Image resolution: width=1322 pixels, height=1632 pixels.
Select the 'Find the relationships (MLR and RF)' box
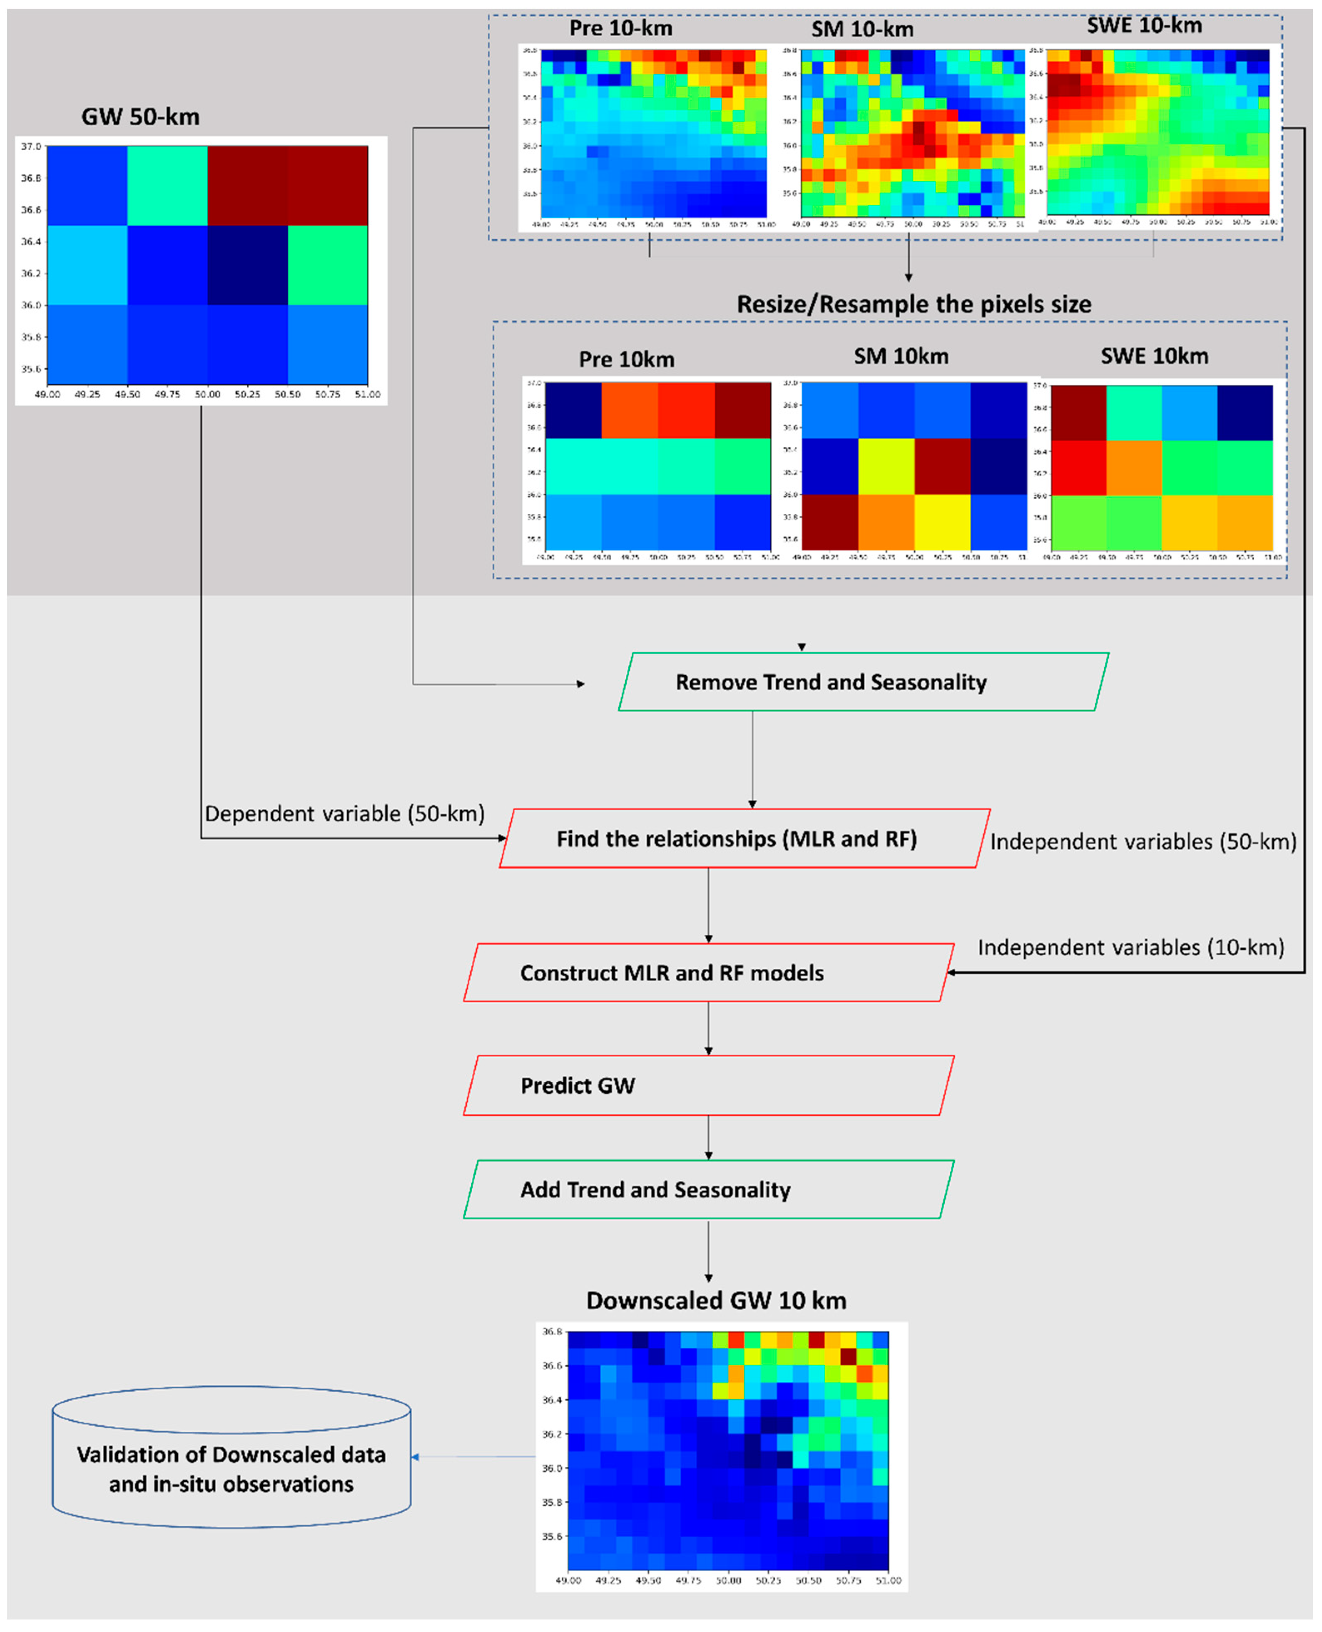point(737,838)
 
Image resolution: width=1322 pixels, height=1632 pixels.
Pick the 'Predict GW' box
point(578,1085)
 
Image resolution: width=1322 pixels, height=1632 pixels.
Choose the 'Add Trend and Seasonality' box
point(655,1189)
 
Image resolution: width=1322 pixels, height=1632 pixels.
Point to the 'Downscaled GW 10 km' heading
point(716,1300)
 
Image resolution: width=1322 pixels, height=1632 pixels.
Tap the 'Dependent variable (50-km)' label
point(344,814)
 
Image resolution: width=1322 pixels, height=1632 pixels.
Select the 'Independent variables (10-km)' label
point(1130,948)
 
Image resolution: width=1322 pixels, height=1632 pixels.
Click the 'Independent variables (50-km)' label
point(1142,841)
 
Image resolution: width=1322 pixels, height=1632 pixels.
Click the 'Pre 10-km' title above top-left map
point(621,29)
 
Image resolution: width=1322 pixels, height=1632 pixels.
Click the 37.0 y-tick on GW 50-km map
point(31,146)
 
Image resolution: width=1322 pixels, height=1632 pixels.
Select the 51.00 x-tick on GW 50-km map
point(368,395)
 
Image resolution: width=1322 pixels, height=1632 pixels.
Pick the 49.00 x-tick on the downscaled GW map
point(568,1580)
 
